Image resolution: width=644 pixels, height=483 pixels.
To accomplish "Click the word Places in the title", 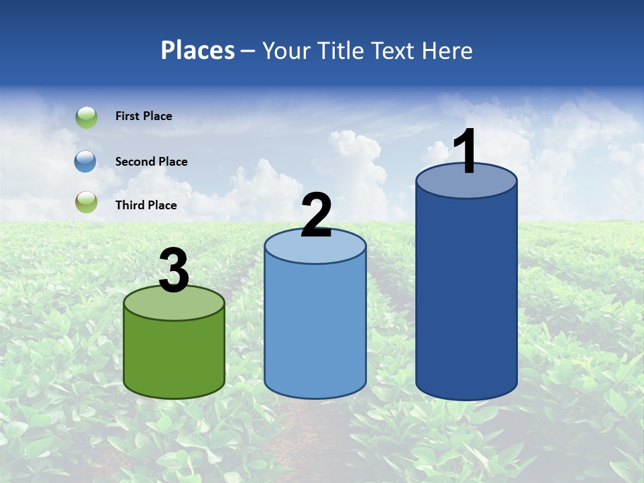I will pos(198,50).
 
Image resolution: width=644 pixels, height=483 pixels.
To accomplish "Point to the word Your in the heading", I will pos(287,50).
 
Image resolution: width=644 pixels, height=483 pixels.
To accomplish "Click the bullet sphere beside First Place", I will pos(87,117).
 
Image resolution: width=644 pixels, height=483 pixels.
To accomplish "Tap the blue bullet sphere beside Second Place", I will pos(86,161).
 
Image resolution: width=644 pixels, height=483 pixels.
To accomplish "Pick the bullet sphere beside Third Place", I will pos(87,202).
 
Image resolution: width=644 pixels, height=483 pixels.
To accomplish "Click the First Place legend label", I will pos(144,116).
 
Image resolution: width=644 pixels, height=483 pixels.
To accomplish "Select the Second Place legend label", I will pos(151,162).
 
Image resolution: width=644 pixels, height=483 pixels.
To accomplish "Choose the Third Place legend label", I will pos(146,205).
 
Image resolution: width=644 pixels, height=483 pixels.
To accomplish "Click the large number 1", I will pos(465,151).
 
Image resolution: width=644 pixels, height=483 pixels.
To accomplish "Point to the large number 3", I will pos(174,270).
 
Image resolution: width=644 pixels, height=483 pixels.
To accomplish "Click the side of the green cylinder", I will pos(174,356).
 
